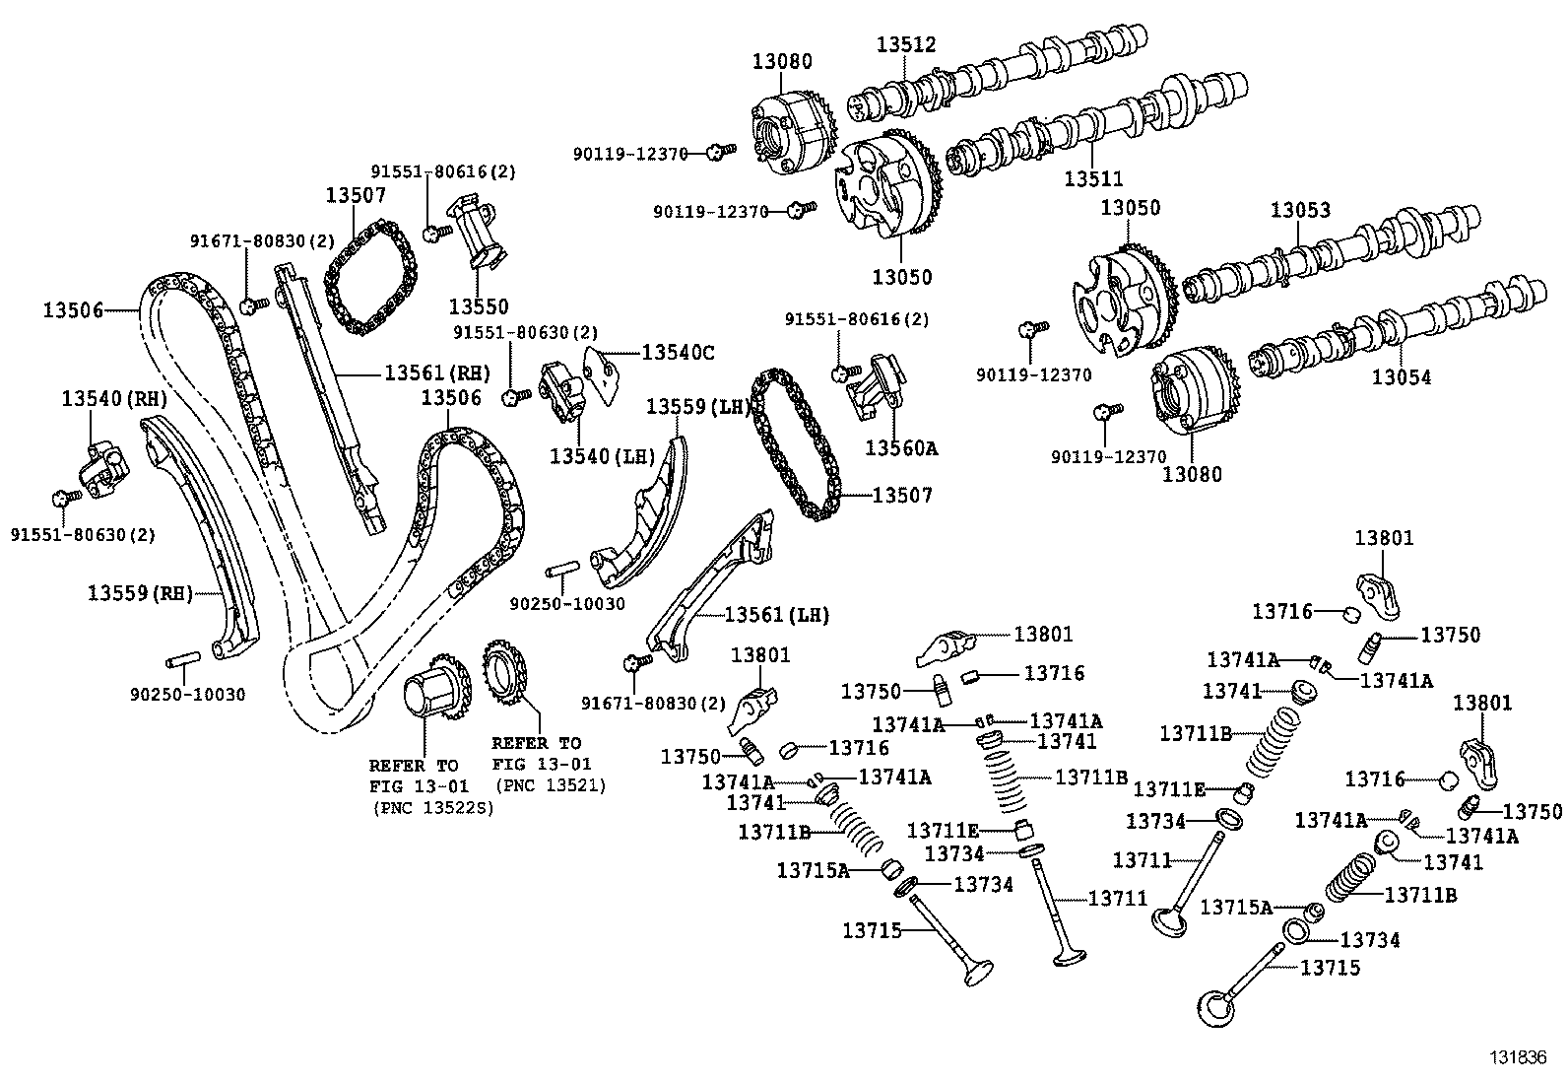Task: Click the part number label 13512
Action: click(906, 44)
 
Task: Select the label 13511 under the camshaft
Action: click(1093, 178)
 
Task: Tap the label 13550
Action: click(479, 306)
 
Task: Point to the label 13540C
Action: click(679, 352)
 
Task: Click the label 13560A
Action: click(901, 448)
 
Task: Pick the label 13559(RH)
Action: click(140, 592)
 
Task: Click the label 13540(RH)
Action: click(114, 399)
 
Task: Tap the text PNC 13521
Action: click(552, 785)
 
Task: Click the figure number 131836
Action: click(1517, 1057)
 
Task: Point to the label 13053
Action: click(1300, 210)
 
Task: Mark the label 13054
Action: click(1402, 376)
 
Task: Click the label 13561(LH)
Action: click(776, 615)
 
